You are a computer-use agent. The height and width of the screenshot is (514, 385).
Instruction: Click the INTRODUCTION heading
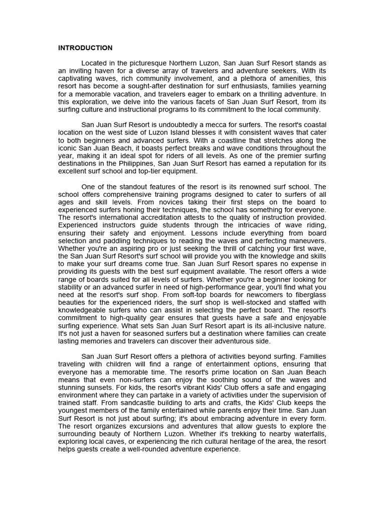[x=85, y=48]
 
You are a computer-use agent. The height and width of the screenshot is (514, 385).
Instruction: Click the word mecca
[x=230, y=125]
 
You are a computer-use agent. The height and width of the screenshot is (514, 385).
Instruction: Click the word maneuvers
[x=308, y=240]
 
